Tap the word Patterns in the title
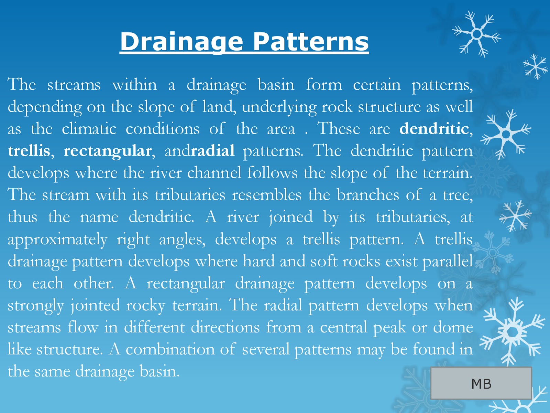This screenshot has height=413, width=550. tap(311, 42)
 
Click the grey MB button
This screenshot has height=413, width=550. tap(481, 383)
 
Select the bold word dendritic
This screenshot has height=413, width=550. tap(434, 129)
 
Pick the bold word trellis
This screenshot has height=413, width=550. tap(29, 151)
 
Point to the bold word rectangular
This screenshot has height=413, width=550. tap(108, 151)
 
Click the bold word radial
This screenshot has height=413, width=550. tap(213, 151)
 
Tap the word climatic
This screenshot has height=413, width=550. tap(89, 129)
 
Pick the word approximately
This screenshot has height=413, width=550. tap(57, 240)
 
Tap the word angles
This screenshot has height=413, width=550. tap(182, 240)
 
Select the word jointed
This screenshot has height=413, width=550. tap(95, 306)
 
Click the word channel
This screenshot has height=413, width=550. tap(214, 173)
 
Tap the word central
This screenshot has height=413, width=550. tap(343, 328)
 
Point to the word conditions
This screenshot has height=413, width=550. tap(162, 129)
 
